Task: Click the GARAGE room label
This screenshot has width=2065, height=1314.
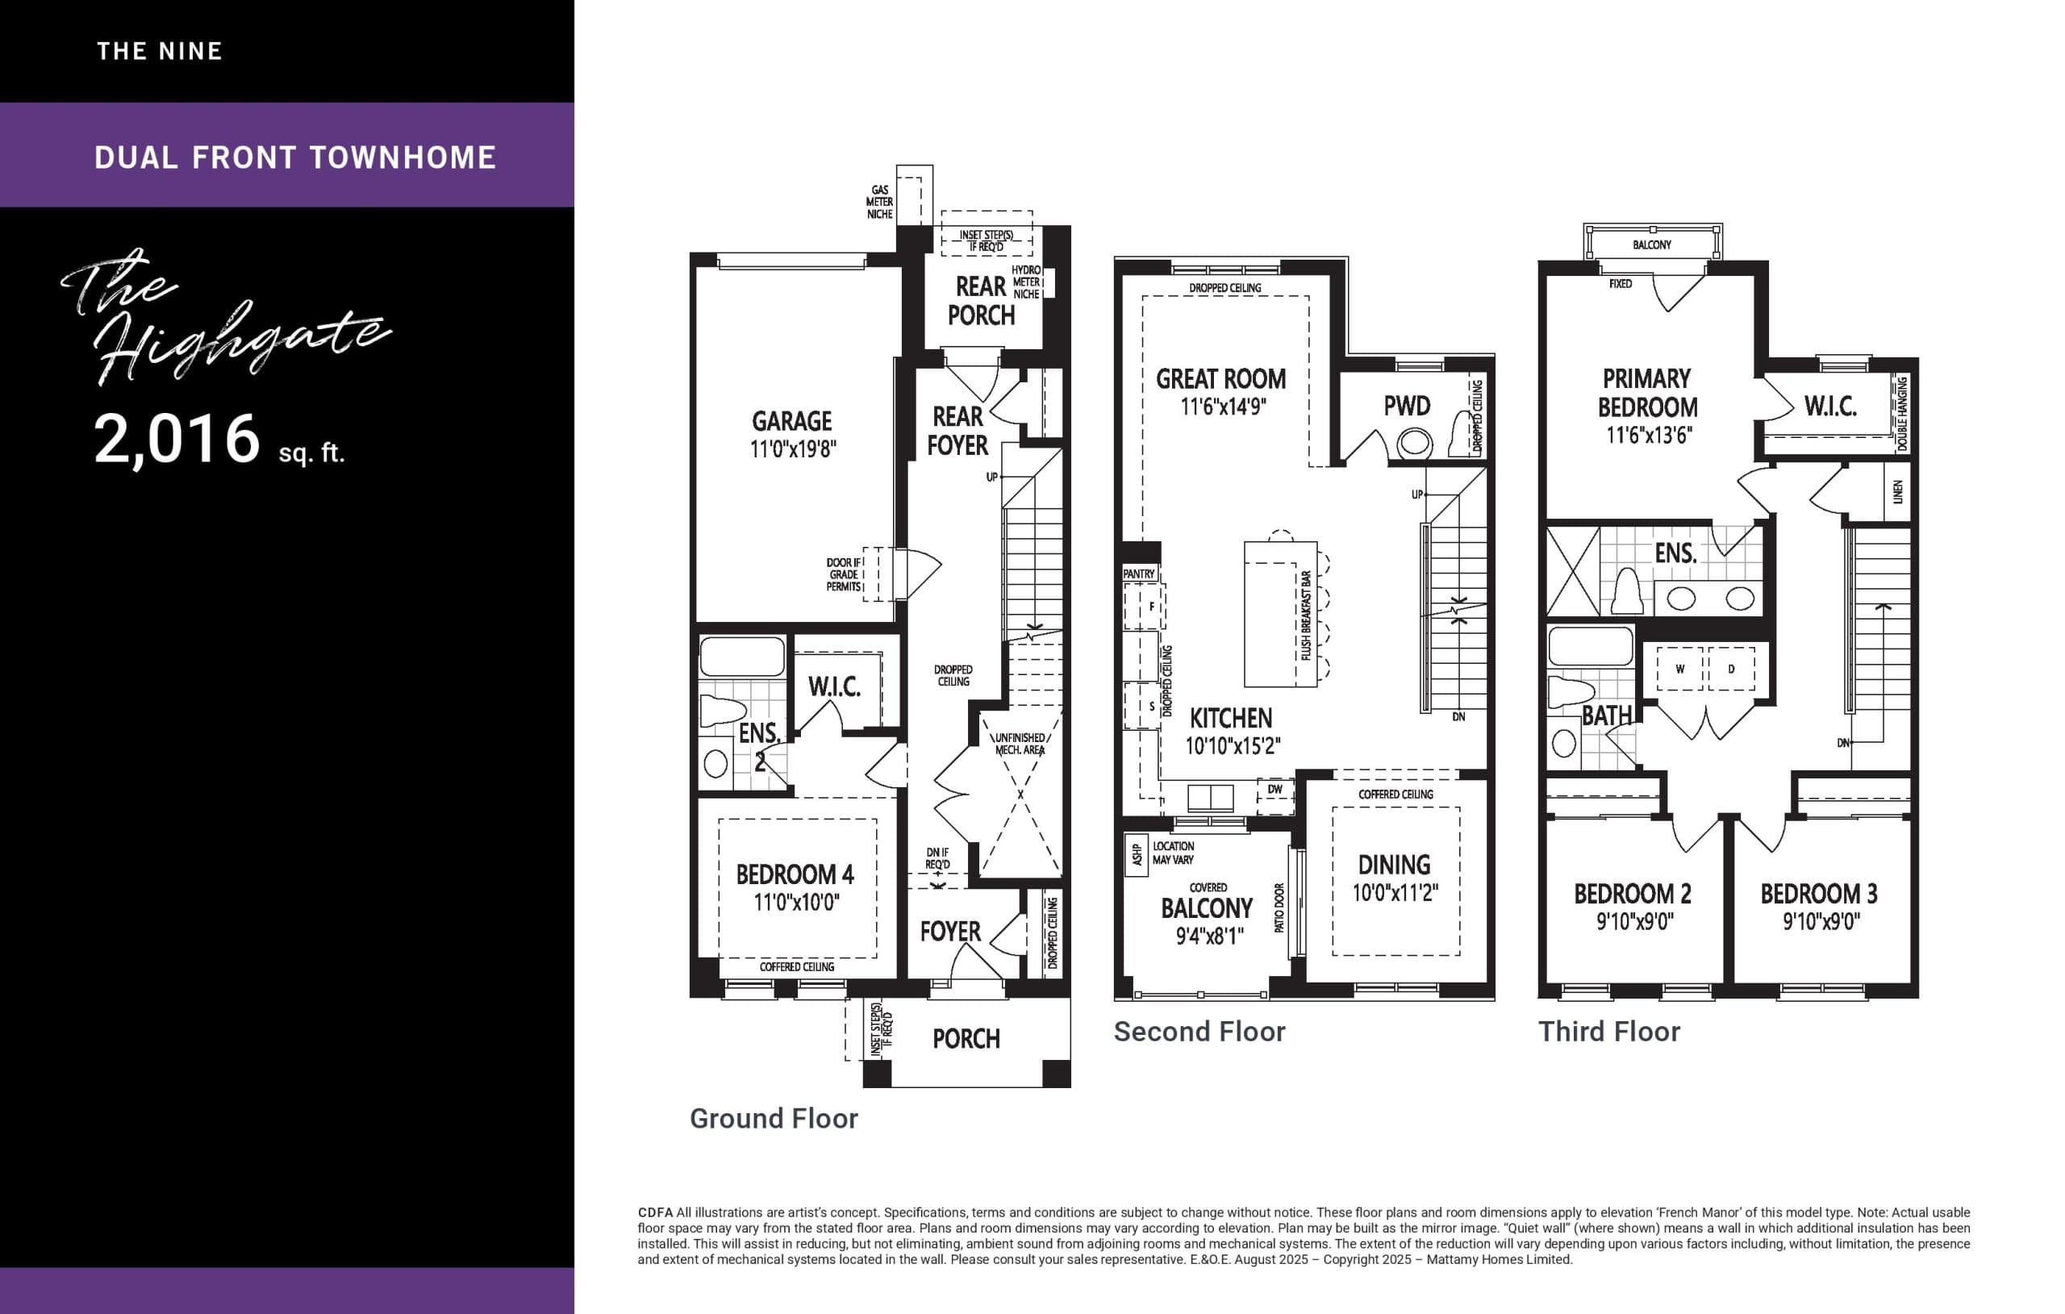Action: pyautogui.click(x=791, y=421)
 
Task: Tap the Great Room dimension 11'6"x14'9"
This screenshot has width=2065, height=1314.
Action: pyautogui.click(x=1222, y=407)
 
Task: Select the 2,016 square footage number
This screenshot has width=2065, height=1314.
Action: pyautogui.click(x=177, y=439)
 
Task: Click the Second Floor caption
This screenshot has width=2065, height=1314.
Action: pyautogui.click(x=1199, y=1031)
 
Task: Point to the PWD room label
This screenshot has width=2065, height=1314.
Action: pyautogui.click(x=1407, y=406)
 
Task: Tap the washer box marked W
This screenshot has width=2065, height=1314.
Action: pyautogui.click(x=1679, y=669)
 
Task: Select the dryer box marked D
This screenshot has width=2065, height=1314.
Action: pyautogui.click(x=1730, y=669)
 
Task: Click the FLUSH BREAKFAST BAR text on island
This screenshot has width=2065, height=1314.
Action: pyautogui.click(x=1305, y=615)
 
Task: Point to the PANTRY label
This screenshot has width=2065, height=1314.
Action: pyautogui.click(x=1139, y=574)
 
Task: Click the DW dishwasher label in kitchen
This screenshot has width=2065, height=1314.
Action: pyautogui.click(x=1275, y=789)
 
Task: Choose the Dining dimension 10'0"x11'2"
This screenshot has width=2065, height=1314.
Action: pyautogui.click(x=1395, y=893)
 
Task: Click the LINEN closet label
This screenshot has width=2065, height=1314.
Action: pyautogui.click(x=1897, y=491)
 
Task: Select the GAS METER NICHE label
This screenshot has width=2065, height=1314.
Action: pyautogui.click(x=879, y=202)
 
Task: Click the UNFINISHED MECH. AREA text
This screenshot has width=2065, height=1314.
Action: pyautogui.click(x=1020, y=744)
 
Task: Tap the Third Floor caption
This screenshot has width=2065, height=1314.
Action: pyautogui.click(x=1608, y=1031)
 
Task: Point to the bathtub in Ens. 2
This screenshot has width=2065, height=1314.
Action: pyautogui.click(x=742, y=657)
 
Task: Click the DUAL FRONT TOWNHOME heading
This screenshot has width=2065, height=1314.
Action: pyautogui.click(x=295, y=157)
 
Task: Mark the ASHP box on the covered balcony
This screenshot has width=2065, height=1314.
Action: pyautogui.click(x=1137, y=855)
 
